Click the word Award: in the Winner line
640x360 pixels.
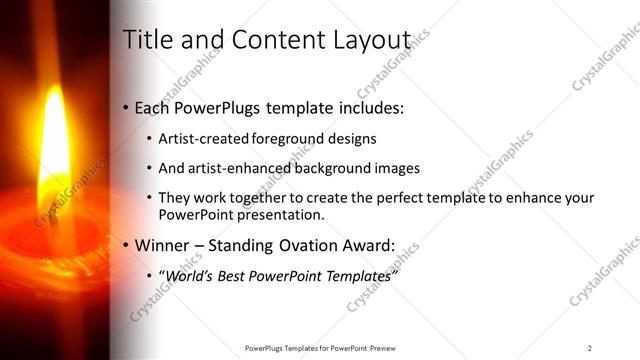pos(369,245)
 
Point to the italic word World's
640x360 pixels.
pos(189,275)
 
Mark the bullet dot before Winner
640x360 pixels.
pos(125,246)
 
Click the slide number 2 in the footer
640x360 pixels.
pos(589,347)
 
